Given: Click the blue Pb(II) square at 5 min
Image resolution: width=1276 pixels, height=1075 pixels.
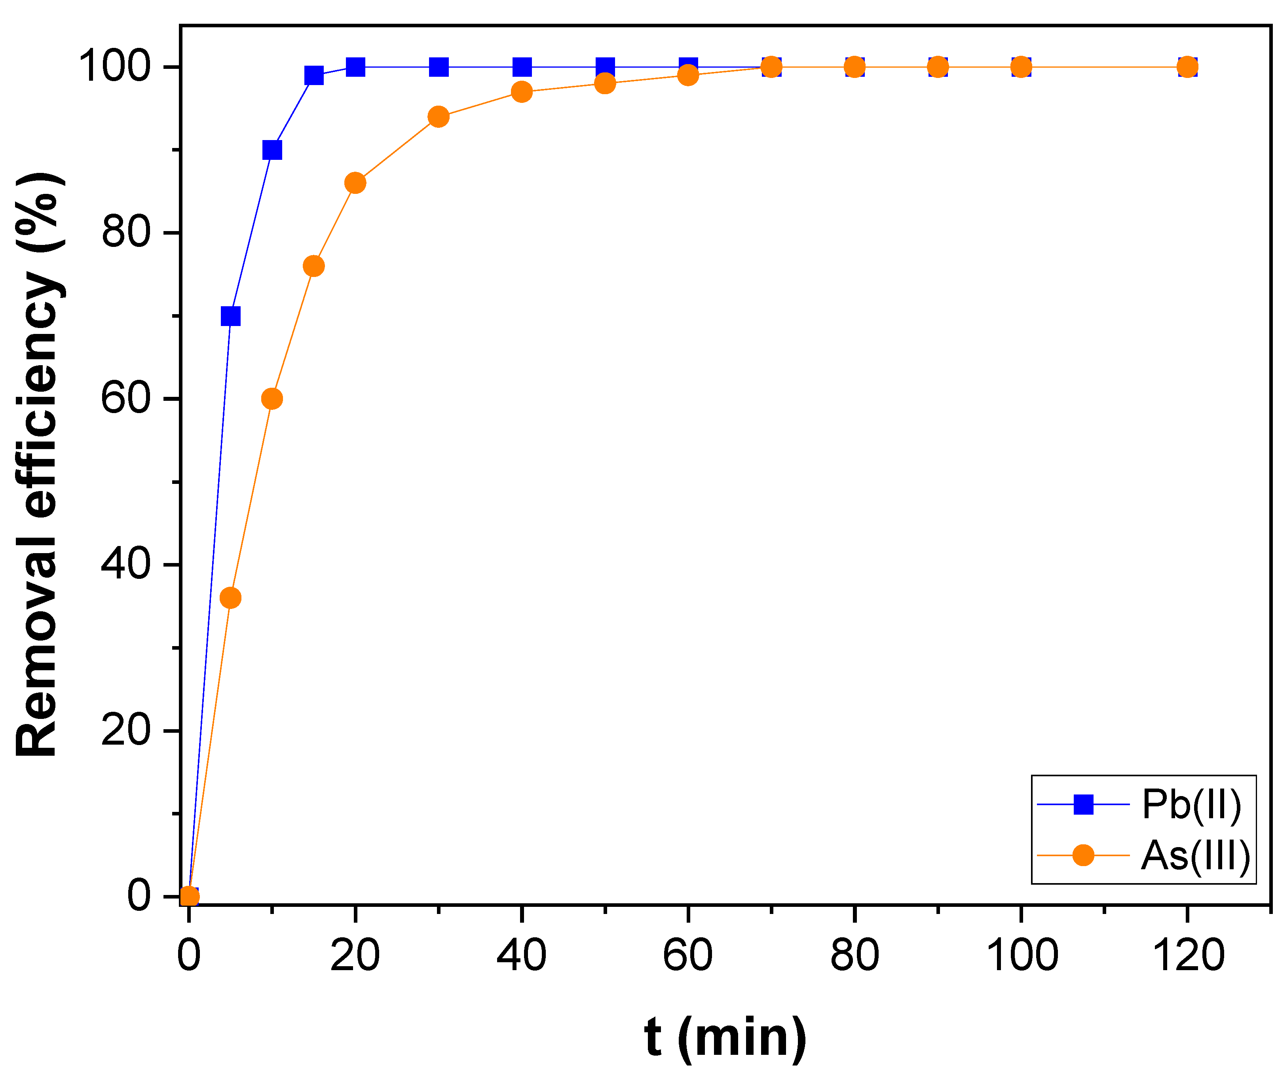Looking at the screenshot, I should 230,316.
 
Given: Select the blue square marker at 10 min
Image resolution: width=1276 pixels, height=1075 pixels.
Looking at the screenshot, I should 272,150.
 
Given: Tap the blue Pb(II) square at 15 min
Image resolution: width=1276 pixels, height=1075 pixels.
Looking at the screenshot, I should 313,76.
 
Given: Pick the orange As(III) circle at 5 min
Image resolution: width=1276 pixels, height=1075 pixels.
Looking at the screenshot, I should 230,598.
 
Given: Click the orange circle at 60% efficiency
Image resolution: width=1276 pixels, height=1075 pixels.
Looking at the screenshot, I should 272,398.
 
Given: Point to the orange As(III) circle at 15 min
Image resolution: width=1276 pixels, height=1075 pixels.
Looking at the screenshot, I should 313,266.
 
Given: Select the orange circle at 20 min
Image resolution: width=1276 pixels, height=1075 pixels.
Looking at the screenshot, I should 355,183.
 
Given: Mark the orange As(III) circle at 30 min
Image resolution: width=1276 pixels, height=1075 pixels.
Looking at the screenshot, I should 439,116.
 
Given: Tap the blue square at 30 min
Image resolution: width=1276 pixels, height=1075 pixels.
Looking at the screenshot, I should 439,67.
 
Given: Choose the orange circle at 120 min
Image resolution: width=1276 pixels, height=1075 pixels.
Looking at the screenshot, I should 1187,67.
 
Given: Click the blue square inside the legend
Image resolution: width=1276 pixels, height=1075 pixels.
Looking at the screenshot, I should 1083,804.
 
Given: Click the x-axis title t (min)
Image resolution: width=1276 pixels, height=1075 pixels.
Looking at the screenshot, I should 725,1037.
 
